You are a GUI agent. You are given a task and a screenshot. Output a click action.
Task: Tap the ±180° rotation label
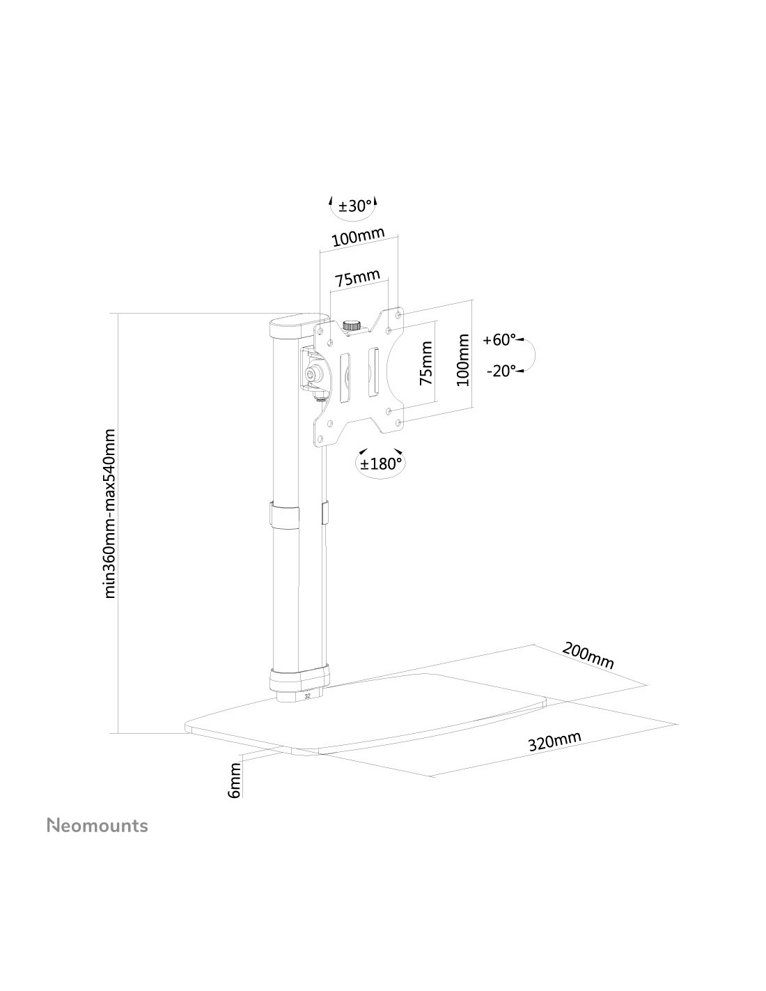(x=381, y=464)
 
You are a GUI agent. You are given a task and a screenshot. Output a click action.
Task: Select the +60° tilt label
(x=499, y=340)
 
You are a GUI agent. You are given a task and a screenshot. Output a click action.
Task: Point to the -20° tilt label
(x=501, y=371)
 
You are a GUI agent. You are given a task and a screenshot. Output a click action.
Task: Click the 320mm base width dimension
(x=554, y=741)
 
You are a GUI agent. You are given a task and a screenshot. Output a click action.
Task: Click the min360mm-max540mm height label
(x=110, y=514)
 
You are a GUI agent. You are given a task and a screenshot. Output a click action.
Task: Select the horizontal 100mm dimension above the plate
(x=358, y=237)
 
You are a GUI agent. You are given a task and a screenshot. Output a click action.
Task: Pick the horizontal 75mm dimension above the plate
(x=358, y=277)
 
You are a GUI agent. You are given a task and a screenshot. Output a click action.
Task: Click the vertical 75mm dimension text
(x=426, y=363)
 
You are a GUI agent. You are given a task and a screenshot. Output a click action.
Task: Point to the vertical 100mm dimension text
(x=463, y=360)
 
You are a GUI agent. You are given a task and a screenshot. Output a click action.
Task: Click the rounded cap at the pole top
(x=299, y=328)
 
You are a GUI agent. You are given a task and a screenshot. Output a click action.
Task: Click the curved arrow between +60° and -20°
(x=533, y=355)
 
